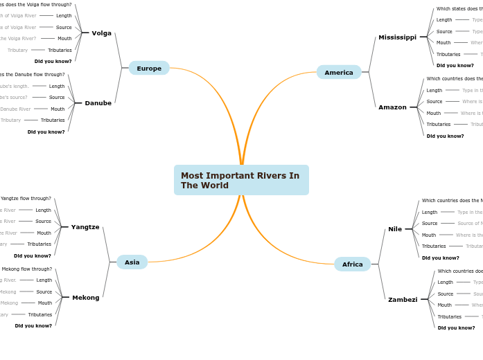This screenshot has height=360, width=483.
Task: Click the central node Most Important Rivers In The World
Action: pos(240,180)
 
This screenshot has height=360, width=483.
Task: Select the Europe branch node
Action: pos(149,68)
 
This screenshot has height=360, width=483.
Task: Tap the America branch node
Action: pos(339,72)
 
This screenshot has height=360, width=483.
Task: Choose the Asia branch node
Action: pos(132,262)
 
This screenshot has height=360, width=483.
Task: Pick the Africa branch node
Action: pos(352,264)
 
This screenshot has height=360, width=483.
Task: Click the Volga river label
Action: pos(101,33)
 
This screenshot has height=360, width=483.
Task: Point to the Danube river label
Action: pos(98,102)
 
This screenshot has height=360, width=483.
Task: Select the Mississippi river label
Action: pos(397,37)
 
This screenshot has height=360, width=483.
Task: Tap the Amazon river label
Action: pos(392,107)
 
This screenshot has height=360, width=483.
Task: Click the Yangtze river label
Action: pos(85,227)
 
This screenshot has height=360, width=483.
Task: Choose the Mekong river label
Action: pos(85,298)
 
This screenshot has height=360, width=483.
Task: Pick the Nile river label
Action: pos(395,228)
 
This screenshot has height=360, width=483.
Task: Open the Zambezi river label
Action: pos(403,300)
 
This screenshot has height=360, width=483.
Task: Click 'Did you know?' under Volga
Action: pos(53,61)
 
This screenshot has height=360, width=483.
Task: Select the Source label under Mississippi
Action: pos(444,31)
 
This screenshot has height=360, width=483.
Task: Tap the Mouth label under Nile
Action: pos(429,235)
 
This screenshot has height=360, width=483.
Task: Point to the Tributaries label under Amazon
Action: pos(438,124)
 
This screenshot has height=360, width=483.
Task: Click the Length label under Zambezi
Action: pos(445,282)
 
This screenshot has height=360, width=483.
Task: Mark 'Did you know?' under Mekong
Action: pos(33,325)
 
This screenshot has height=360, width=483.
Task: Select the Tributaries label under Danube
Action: pos(53,120)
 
